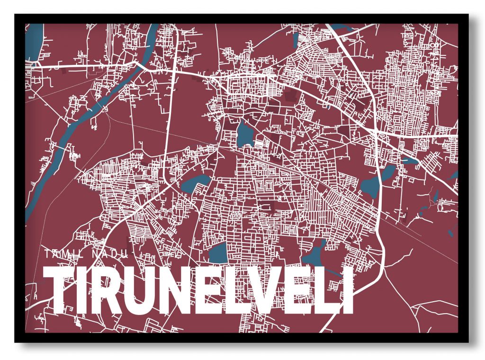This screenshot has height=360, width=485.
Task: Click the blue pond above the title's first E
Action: [218, 253]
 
